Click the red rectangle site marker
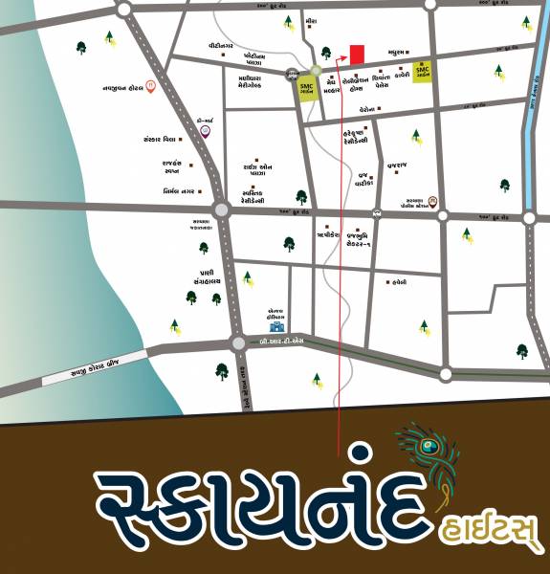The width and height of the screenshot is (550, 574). pyautogui.click(x=357, y=55)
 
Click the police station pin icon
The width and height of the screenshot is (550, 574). pyautogui.click(x=432, y=201)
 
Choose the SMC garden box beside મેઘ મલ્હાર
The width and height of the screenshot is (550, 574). pyautogui.click(x=307, y=88)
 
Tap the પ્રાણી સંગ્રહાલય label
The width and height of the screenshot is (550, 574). pyautogui.click(x=205, y=276)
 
